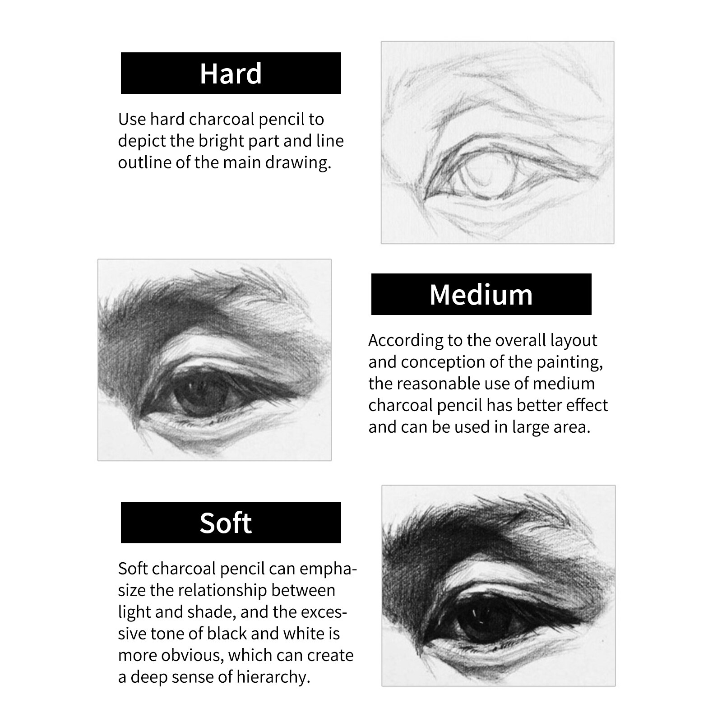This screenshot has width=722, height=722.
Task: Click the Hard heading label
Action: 231,73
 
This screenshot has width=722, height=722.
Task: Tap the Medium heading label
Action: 481,294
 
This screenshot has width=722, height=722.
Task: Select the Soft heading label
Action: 231,523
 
